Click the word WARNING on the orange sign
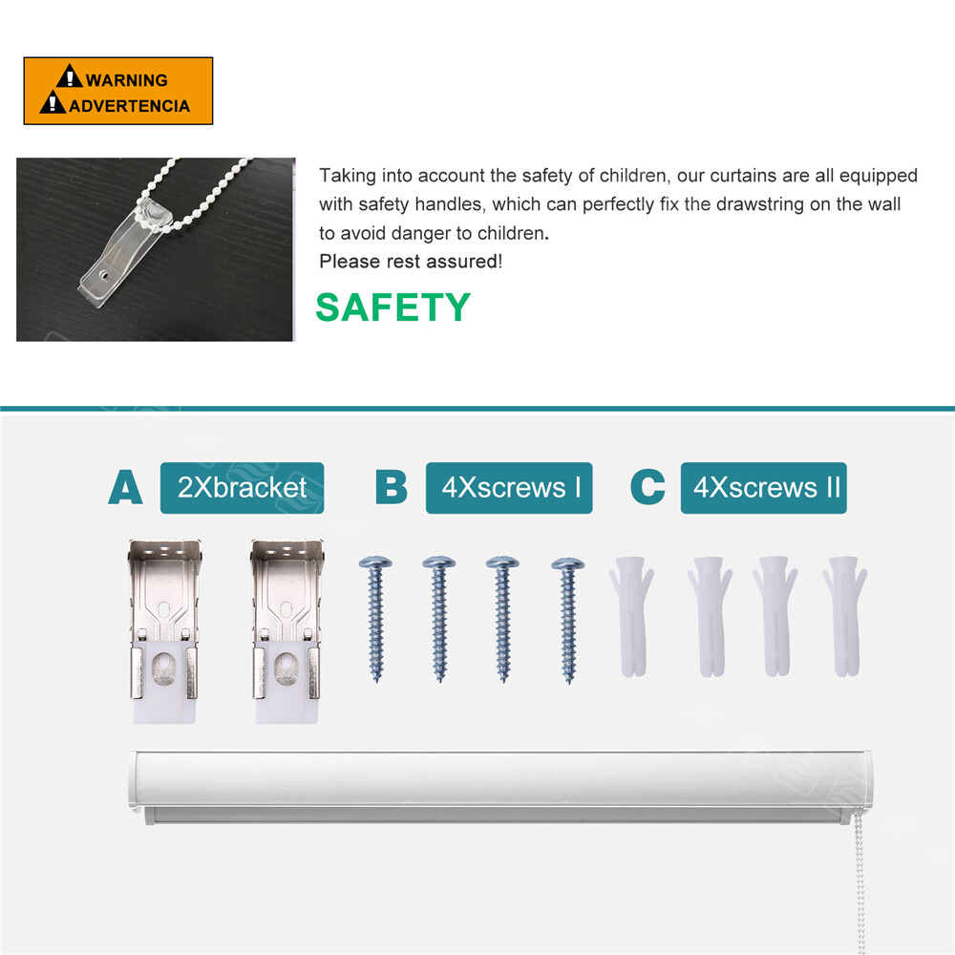[x=127, y=80]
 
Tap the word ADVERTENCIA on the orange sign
[x=130, y=106]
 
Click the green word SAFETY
[x=393, y=307]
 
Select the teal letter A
[x=125, y=487]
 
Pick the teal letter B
[x=391, y=487]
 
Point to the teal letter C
[x=647, y=487]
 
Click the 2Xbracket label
[x=242, y=488]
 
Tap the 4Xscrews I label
[x=509, y=488]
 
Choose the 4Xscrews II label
[x=764, y=488]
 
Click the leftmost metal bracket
[x=164, y=630]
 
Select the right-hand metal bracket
[x=286, y=630]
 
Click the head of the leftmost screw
[x=375, y=562]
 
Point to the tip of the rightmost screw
[x=569, y=681]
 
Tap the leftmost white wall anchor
[x=631, y=616]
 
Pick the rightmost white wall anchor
[x=845, y=616]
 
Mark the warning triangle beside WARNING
[x=70, y=76]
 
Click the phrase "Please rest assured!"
[x=411, y=262]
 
